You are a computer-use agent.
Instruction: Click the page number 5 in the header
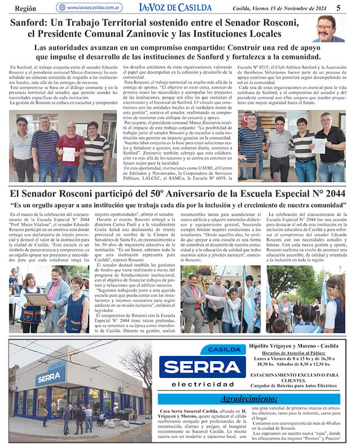pos(338,7)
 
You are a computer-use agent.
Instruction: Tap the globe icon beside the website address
pos(62,7)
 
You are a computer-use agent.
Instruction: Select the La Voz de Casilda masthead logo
pos(175,7)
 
